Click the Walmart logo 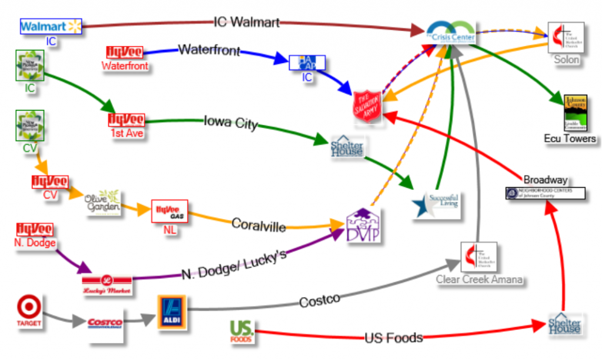pyautogui.click(x=51, y=26)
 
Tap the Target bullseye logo pyautogui.click(x=29, y=311)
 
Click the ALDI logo pyautogui.click(x=171, y=312)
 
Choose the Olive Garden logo pyautogui.click(x=102, y=202)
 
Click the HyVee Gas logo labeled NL pyautogui.click(x=170, y=211)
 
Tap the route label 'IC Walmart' pyautogui.click(x=246, y=23)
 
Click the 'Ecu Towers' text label pyautogui.click(x=570, y=139)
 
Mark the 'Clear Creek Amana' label pyautogui.click(x=479, y=279)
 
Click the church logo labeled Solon pyautogui.click(x=566, y=38)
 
